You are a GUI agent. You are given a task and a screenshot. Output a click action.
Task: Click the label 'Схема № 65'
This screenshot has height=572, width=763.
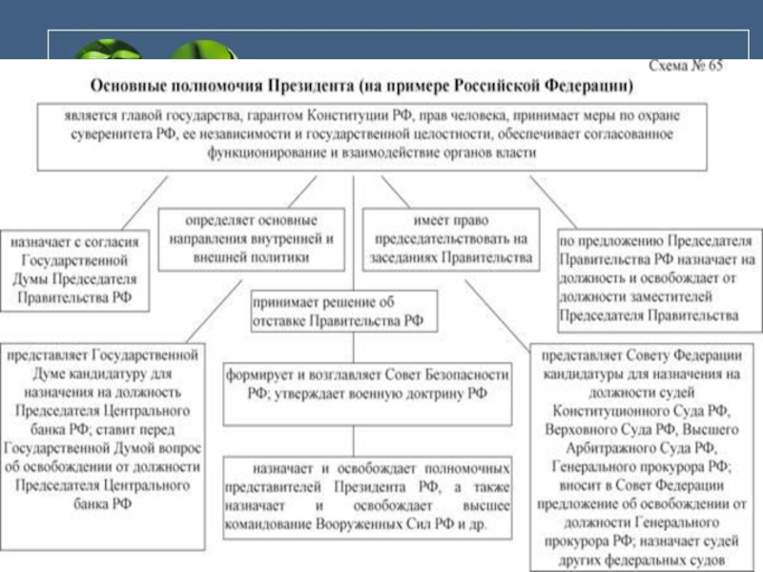685,67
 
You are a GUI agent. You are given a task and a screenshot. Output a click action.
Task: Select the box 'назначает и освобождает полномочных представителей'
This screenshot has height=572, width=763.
368,500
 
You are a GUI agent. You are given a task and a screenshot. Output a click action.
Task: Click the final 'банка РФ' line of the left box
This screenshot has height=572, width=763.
102,503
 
